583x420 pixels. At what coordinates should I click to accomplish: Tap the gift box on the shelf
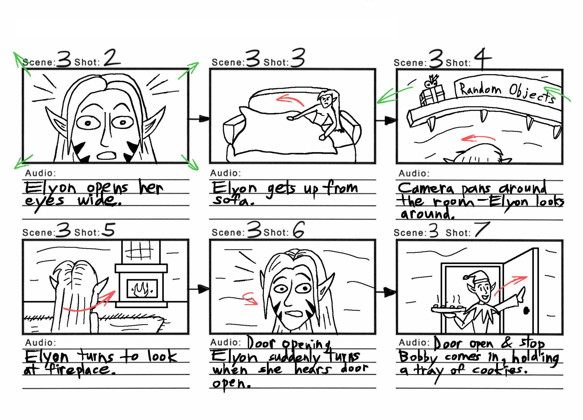(432, 93)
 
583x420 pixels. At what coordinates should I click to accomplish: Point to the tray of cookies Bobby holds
(448, 309)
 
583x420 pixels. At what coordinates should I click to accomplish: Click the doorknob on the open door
(527, 311)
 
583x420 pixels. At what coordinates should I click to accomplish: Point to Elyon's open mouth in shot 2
(106, 156)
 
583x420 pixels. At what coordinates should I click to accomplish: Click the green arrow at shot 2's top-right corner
(189, 70)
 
